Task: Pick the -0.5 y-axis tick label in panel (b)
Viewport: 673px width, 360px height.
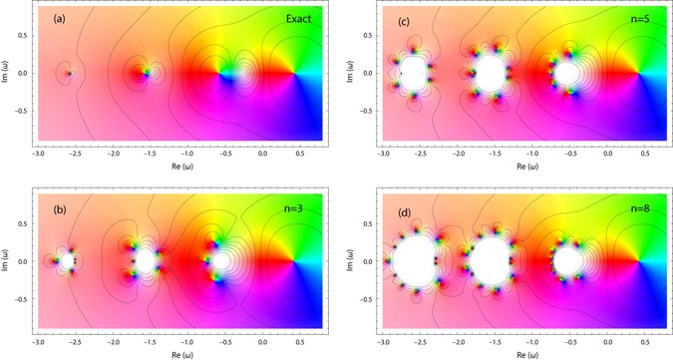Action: click(22, 299)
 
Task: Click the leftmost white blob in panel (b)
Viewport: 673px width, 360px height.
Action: click(67, 261)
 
